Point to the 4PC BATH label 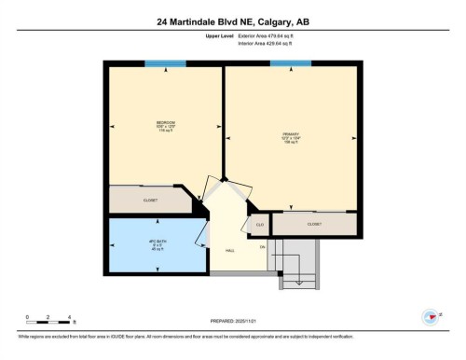tap(157, 244)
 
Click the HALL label tap(229, 250)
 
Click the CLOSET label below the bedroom tap(150, 200)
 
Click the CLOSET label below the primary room tap(314, 224)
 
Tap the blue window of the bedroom tap(164, 63)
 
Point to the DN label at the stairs tap(263, 246)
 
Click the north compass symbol tap(431, 316)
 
